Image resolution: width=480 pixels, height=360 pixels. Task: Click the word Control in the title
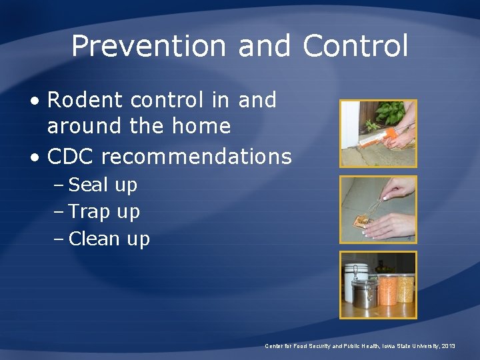point(355,46)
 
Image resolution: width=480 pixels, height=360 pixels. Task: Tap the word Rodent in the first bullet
point(85,100)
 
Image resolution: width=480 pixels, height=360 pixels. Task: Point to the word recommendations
point(196,157)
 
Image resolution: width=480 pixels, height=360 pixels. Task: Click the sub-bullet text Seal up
point(103,185)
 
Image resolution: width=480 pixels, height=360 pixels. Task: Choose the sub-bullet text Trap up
point(104,212)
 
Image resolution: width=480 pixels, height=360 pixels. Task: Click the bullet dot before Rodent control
point(37,101)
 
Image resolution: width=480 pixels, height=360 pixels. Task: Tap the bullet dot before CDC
point(37,157)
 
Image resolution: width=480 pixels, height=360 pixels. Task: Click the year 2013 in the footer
point(448,346)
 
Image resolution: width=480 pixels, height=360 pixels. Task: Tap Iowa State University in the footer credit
point(407,346)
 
